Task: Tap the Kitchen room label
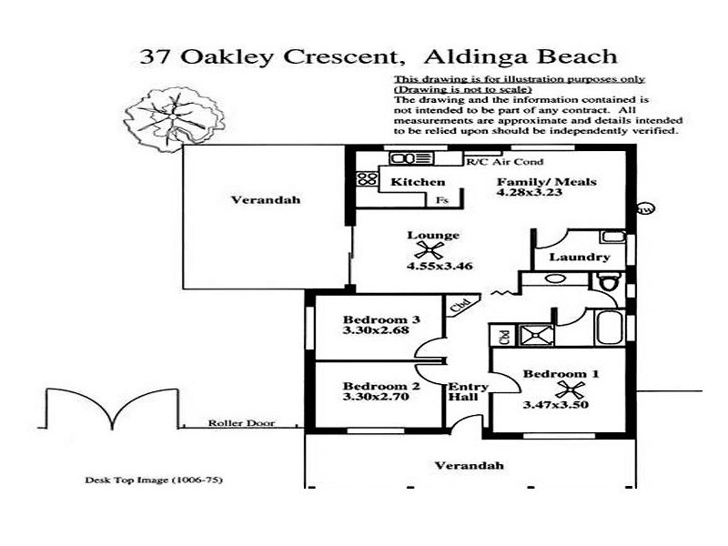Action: [405, 183]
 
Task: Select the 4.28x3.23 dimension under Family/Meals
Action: [545, 194]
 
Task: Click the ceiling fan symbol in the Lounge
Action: [430, 249]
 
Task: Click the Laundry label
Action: [580, 258]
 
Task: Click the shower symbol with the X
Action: [531, 335]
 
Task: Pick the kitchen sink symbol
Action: [402, 159]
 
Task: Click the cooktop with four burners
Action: [367, 178]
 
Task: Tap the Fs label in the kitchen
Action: [442, 199]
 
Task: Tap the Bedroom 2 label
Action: [380, 385]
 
